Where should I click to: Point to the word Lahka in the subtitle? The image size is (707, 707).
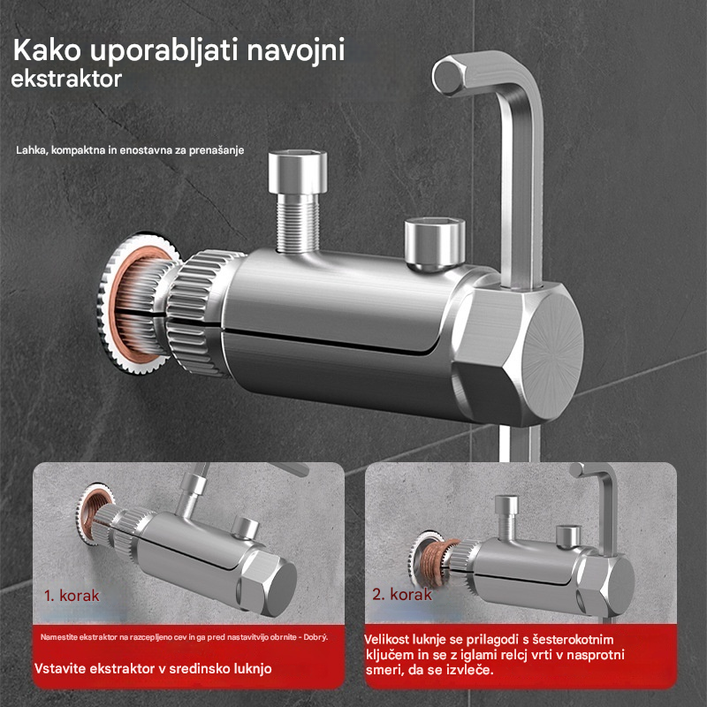[31, 150]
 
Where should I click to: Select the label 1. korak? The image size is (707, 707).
[72, 595]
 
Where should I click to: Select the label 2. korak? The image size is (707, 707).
[402, 594]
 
